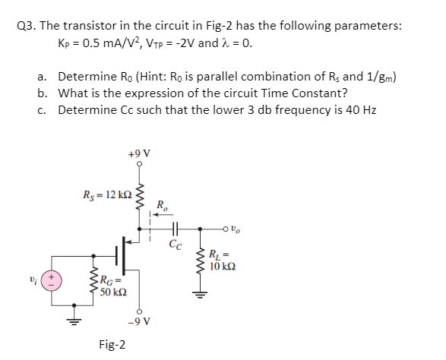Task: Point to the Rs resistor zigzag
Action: click(138, 197)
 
